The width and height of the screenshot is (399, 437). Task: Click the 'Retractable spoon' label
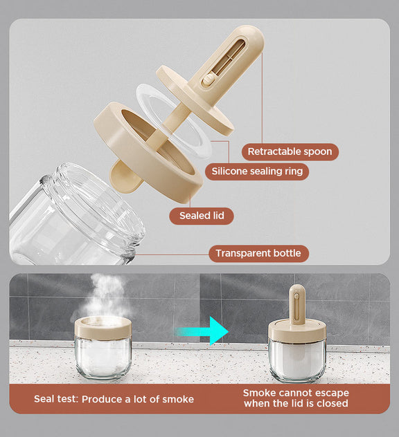coord(290,151)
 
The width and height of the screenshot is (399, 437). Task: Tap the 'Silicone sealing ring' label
coord(257,171)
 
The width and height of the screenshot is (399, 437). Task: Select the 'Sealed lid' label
coord(202,216)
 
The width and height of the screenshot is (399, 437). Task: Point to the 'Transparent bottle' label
coord(258,253)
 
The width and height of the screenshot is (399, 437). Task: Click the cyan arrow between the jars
coord(202,331)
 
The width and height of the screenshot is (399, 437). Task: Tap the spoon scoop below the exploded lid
coord(125,177)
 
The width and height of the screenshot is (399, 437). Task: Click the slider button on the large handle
coord(208,80)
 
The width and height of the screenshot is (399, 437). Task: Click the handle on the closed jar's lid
coord(296,305)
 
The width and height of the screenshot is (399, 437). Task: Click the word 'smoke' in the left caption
coord(178,400)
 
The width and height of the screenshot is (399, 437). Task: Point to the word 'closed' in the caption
coord(332,404)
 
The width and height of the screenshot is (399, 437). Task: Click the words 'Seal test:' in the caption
coord(56,399)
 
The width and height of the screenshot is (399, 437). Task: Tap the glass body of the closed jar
coord(297,360)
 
